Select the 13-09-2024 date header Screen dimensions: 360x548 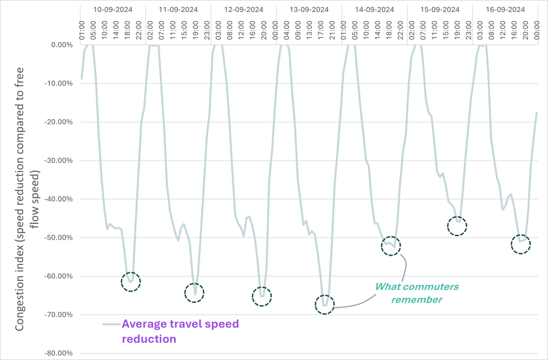point(309,9)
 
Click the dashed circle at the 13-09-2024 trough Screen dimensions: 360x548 point(325,304)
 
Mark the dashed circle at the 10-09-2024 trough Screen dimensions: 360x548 point(131,282)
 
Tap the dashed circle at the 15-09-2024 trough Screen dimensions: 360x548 point(457,226)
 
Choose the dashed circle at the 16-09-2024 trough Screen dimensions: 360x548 point(521,245)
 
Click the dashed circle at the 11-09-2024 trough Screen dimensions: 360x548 point(195,293)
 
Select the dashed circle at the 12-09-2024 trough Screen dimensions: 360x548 point(262,296)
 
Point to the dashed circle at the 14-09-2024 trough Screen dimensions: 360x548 point(390,246)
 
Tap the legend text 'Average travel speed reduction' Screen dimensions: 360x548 point(180,331)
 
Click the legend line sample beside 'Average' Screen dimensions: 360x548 point(111,324)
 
